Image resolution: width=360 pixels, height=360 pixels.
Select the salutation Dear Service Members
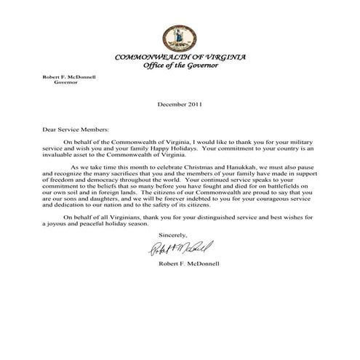coord(72,128)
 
